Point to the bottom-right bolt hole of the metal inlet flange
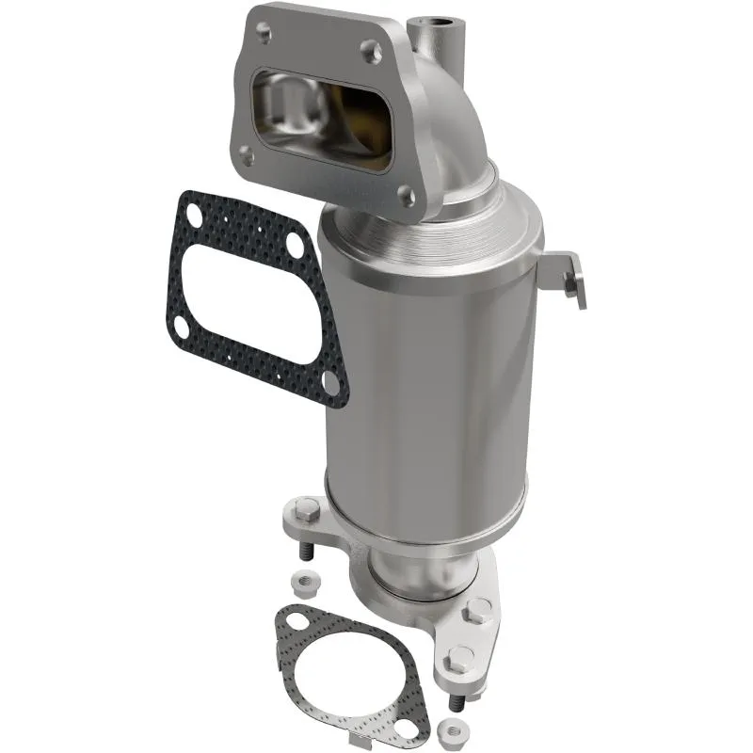click(406, 196)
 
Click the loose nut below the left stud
click(305, 580)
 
